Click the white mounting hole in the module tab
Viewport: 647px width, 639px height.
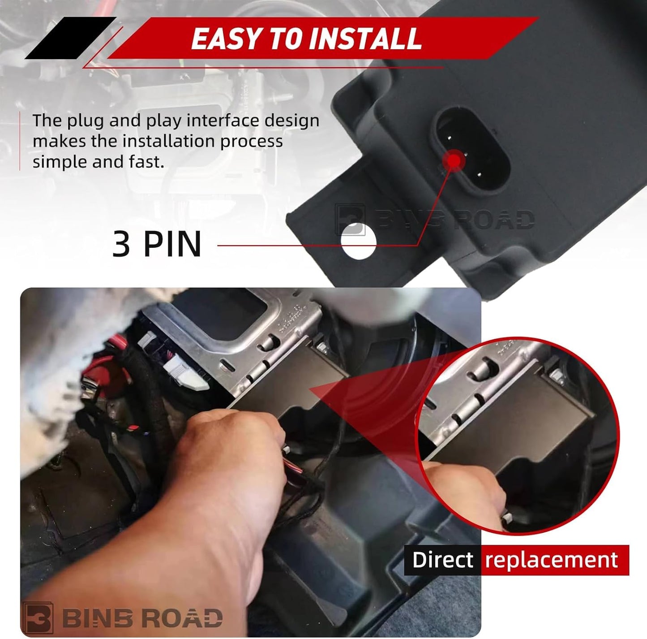click(358, 241)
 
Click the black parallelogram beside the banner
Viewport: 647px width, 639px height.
click(70, 38)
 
